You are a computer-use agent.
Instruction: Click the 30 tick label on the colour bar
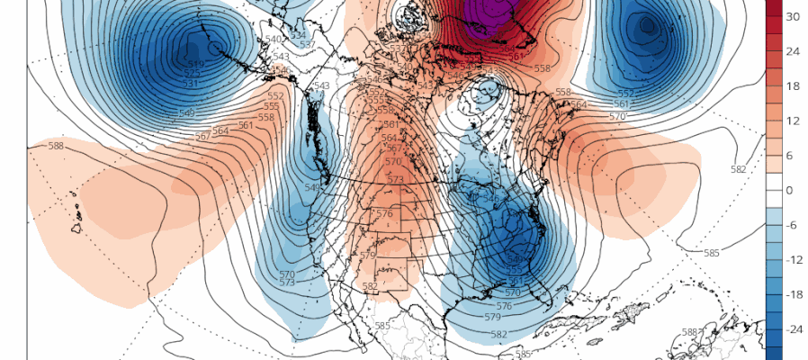pyautogui.click(x=793, y=17)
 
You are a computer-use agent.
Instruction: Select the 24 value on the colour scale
pyautogui.click(x=793, y=51)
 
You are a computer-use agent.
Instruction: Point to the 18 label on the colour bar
pyautogui.click(x=793, y=86)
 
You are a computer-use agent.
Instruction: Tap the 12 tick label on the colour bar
pyautogui.click(x=793, y=121)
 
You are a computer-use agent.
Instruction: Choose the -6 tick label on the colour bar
pyautogui.click(x=792, y=225)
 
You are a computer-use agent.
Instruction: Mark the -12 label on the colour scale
pyautogui.click(x=792, y=260)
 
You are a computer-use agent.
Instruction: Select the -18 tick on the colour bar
pyautogui.click(x=792, y=294)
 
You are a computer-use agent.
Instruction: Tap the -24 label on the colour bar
pyautogui.click(x=792, y=329)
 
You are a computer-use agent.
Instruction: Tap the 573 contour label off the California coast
pyautogui.click(x=287, y=283)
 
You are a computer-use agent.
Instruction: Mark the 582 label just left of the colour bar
pyautogui.click(x=739, y=170)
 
